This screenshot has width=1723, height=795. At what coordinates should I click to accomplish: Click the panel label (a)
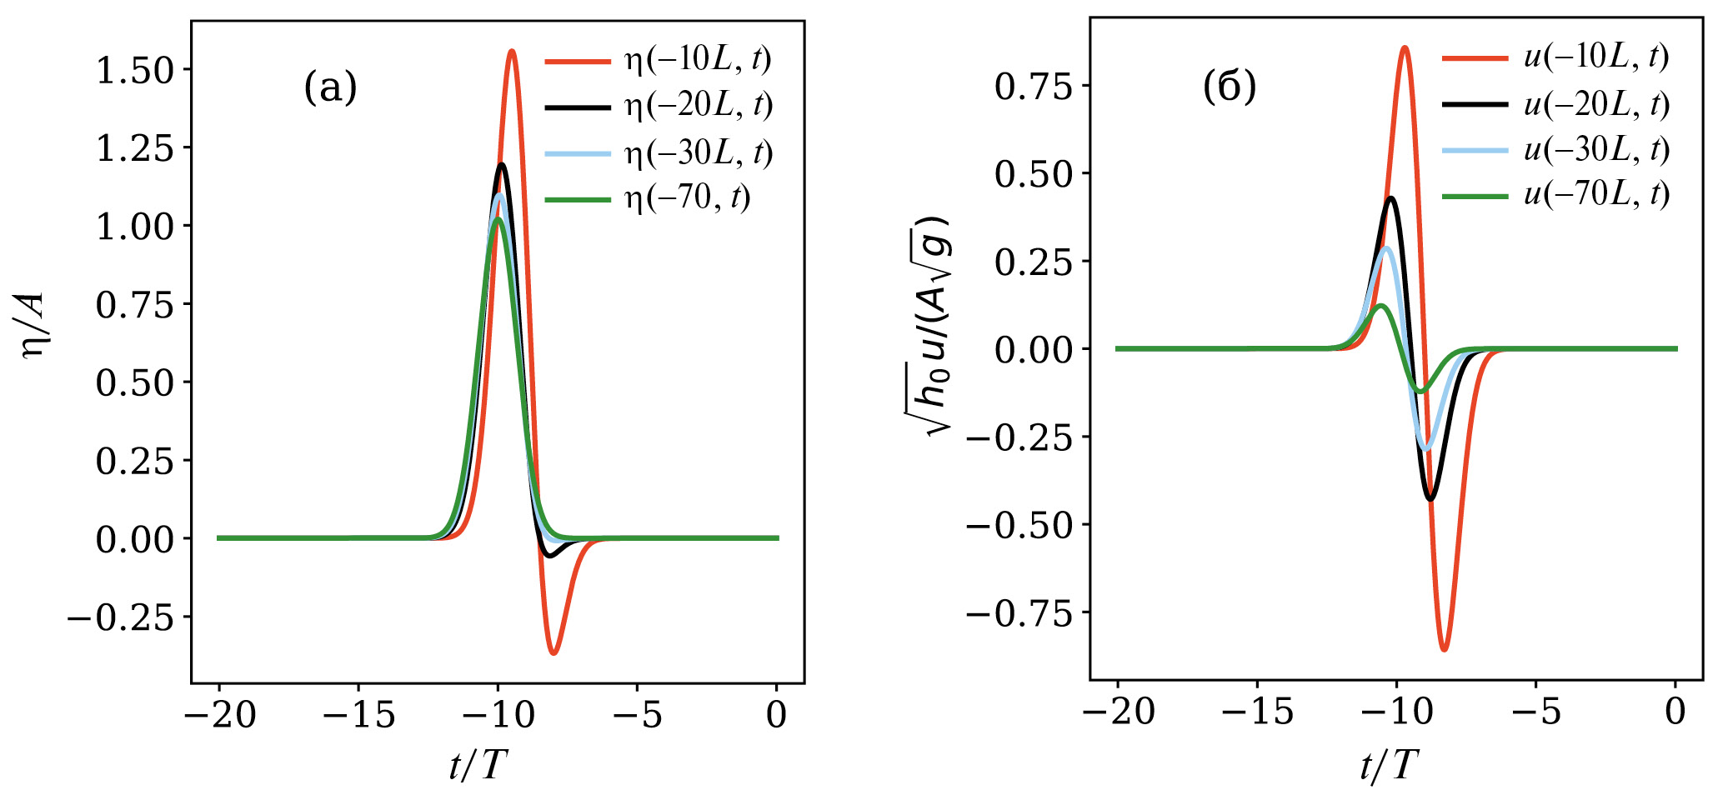coord(330,87)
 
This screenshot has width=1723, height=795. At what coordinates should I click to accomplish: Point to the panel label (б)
coord(1229,87)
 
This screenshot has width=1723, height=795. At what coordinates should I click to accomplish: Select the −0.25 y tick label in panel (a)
coord(121,617)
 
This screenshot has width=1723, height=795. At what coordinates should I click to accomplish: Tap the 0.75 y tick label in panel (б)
coord(1033,86)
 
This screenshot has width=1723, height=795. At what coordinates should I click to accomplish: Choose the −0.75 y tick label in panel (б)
coord(1019,614)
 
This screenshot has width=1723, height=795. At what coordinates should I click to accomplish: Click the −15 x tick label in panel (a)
coord(358,714)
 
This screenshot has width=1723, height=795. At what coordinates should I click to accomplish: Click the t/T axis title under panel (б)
coord(1388,765)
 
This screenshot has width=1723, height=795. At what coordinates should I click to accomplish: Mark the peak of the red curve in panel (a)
coord(512,51)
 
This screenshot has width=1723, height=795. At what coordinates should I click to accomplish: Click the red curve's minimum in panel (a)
coord(553,653)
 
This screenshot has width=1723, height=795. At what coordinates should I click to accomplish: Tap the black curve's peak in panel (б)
coord(1391,198)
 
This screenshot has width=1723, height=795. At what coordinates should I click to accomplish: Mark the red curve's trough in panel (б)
coord(1444,649)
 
